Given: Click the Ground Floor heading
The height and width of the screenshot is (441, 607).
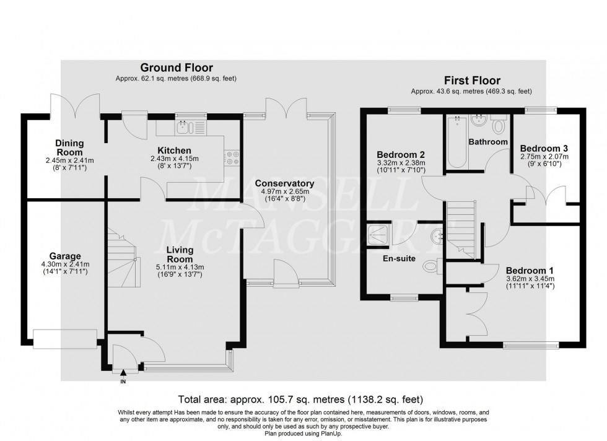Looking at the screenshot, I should [176, 68].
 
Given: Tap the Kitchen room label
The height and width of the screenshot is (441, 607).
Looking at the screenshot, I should [174, 151].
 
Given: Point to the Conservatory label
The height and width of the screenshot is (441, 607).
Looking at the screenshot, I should [284, 183].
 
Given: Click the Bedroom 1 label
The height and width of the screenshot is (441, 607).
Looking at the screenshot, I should [530, 271].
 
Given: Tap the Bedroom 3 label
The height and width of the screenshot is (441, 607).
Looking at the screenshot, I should [544, 149].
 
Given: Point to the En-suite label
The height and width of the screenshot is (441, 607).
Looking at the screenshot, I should [400, 258].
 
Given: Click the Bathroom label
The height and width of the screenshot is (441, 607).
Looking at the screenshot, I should [488, 142].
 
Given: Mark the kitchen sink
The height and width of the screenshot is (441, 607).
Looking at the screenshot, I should [184, 128].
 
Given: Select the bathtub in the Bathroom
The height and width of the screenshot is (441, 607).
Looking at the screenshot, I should [456, 142].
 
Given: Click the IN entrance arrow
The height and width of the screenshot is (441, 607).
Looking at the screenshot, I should [123, 373].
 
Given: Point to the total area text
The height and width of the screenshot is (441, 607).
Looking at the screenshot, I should [300, 399].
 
